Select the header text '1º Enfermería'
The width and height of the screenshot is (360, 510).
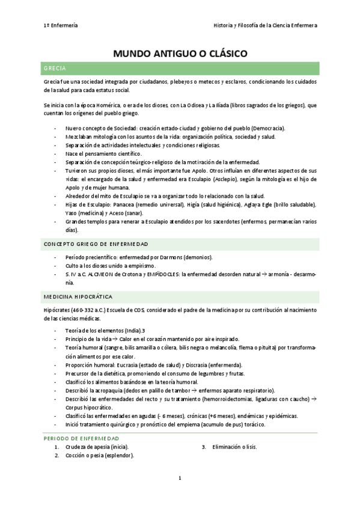[x=61, y=25]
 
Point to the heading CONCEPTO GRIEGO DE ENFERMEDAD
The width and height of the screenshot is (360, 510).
[x=96, y=244]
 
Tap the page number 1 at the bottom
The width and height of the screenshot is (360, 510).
[x=180, y=478]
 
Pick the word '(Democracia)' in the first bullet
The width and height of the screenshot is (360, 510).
[x=267, y=129]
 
